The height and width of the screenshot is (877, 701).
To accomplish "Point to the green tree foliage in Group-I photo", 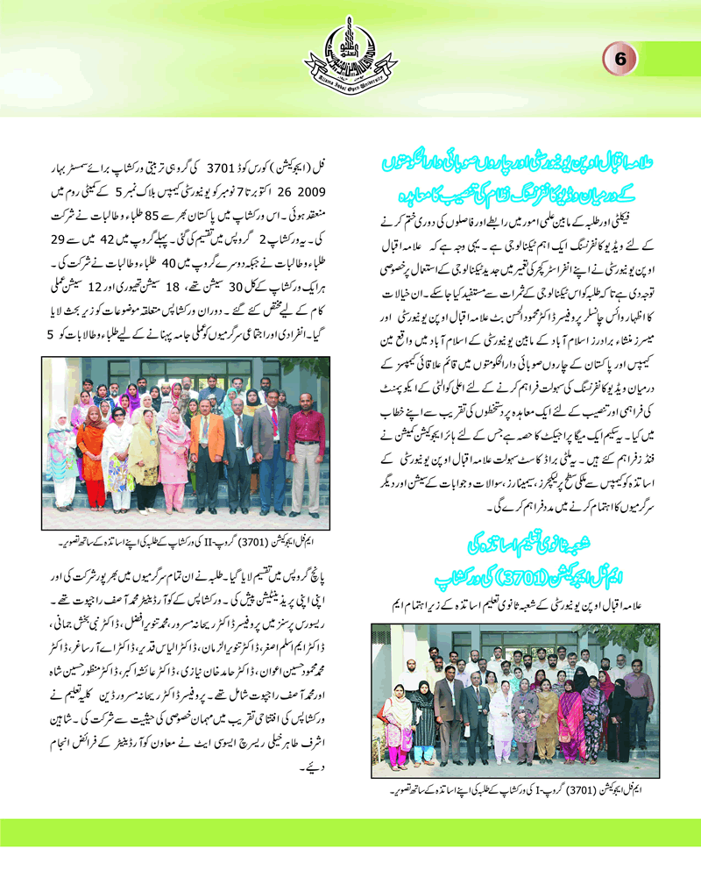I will [613, 640].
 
